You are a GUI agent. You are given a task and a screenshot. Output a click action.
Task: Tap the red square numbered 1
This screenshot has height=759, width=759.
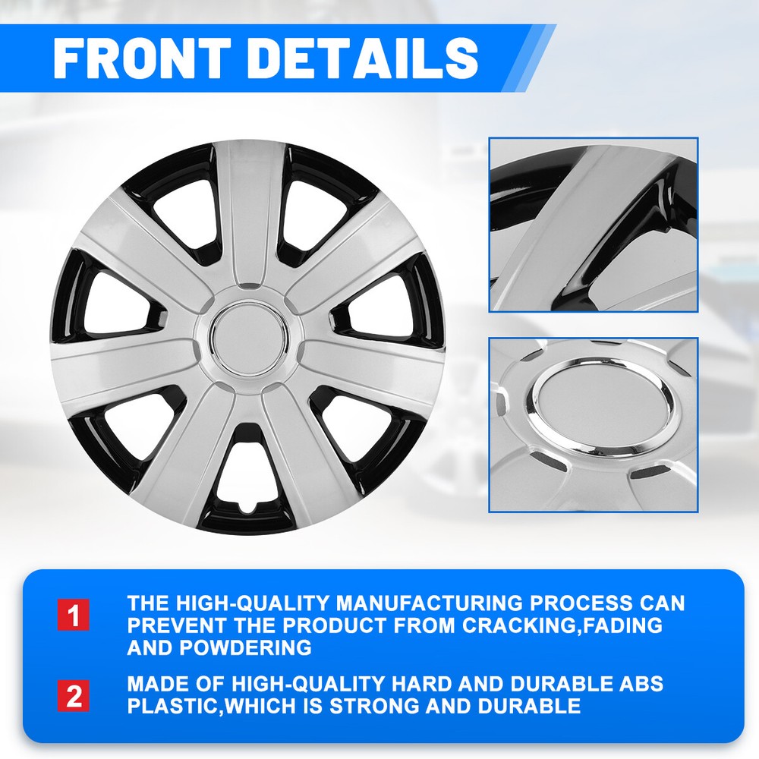pos(74,615)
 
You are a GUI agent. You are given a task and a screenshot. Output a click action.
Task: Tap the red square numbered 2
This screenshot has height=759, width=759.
pos(74,696)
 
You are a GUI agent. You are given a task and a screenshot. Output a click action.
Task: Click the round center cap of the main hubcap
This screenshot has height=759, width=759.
pos(249,338)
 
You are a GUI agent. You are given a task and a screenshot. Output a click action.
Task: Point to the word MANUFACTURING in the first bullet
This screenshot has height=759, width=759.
pos(430,603)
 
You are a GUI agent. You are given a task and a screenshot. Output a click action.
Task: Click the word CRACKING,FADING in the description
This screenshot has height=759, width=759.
pos(562,625)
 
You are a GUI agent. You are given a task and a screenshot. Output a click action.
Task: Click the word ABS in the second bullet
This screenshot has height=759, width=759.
pos(641,684)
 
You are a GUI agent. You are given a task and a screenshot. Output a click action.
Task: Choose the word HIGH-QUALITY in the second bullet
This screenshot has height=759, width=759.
pos(308,684)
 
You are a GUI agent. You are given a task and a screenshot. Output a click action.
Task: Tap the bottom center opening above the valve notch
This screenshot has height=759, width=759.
pos(249,470)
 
